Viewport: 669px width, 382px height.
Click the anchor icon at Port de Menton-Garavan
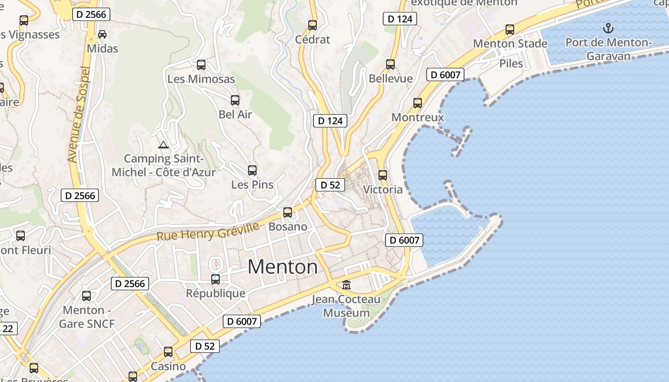pyautogui.click(x=608, y=28)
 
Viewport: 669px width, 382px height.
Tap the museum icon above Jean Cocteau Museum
pyautogui.click(x=346, y=285)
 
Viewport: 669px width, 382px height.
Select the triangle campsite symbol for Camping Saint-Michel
pyautogui.click(x=163, y=145)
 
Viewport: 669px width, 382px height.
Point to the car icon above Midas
pyautogui.click(x=102, y=34)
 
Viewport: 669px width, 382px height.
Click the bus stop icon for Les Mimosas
pyautogui.click(x=201, y=64)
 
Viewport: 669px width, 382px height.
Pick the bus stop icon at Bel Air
pyautogui.click(x=235, y=100)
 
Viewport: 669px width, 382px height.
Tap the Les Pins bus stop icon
pyautogui.click(x=252, y=170)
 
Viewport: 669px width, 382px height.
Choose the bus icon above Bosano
pyautogui.click(x=288, y=212)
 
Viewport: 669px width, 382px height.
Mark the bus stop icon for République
pyautogui.click(x=216, y=279)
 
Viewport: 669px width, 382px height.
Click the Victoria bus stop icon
pyautogui.click(x=383, y=175)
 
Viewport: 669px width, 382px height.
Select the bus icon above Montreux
pyautogui.click(x=418, y=103)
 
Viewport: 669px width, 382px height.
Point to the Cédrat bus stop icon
pyautogui.click(x=313, y=25)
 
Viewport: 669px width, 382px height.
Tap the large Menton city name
pyautogui.click(x=282, y=266)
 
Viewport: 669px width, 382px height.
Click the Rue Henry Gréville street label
pyautogui.click(x=207, y=231)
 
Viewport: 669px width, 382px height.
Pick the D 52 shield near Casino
pyautogui.click(x=205, y=346)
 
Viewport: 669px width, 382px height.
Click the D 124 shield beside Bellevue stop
pyautogui.click(x=400, y=19)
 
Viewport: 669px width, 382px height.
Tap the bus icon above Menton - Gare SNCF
pyautogui.click(x=86, y=296)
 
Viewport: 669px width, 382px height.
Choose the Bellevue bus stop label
pyautogui.click(x=390, y=78)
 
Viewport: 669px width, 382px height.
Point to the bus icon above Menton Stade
pyautogui.click(x=510, y=30)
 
